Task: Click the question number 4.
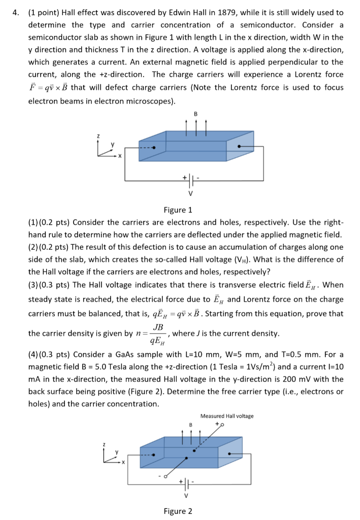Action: point(15,12)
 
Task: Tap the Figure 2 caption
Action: point(177,511)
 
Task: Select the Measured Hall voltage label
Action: point(226,416)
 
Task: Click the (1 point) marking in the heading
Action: point(47,12)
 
